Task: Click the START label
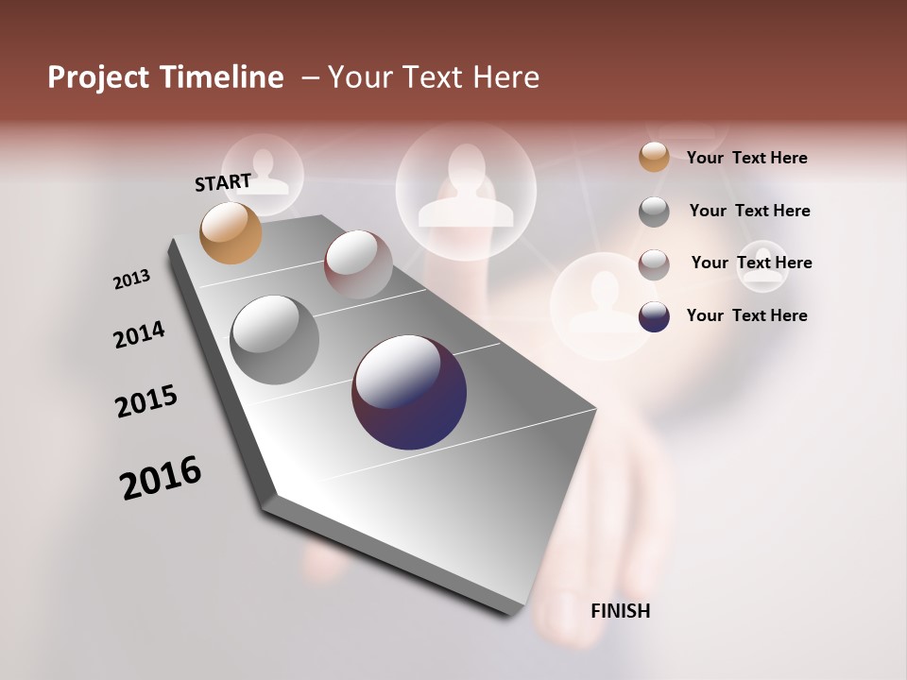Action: point(223,182)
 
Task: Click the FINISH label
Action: point(620,611)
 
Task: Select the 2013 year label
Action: point(131,280)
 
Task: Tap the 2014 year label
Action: point(139,334)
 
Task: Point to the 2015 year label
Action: point(146,401)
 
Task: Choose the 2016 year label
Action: point(161,478)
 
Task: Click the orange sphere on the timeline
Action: point(231,232)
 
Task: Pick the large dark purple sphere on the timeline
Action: point(409,392)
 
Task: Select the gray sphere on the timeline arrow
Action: point(274,340)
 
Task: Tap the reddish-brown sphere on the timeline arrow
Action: point(358,264)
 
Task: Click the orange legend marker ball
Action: point(654,157)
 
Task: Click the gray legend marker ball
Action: point(654,212)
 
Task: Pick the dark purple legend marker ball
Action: point(654,316)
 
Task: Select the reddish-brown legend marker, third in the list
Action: point(654,264)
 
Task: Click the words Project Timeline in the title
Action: point(165,77)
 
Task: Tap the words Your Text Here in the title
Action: point(434,77)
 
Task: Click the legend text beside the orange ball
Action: point(746,158)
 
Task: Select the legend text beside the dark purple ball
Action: point(746,315)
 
